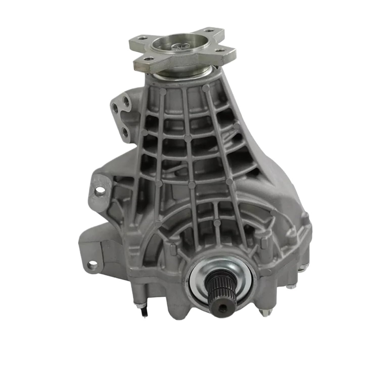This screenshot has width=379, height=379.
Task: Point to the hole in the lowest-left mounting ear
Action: pyautogui.click(x=91, y=265)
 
